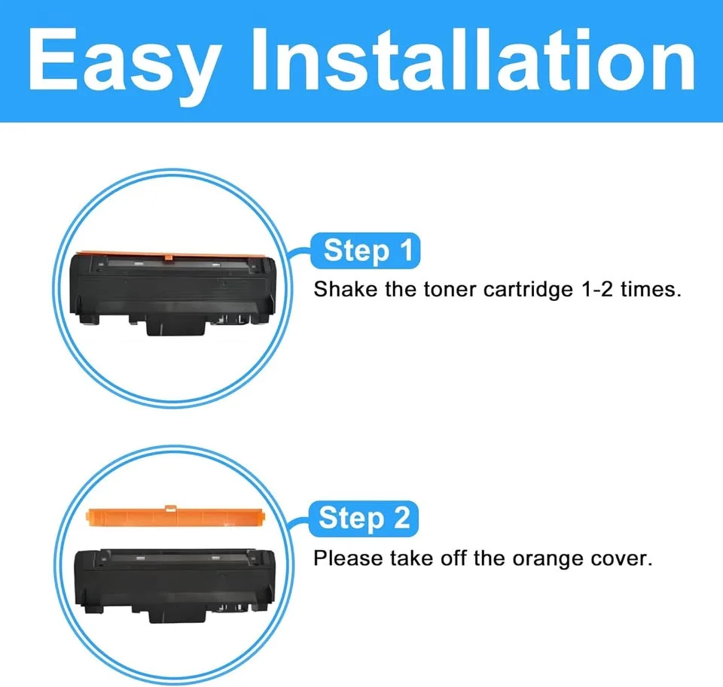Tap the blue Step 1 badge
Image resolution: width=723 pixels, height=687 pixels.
tap(367, 251)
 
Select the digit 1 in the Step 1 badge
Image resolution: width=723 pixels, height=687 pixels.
tap(406, 251)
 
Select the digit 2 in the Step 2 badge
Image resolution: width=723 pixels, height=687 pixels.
tap(401, 518)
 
